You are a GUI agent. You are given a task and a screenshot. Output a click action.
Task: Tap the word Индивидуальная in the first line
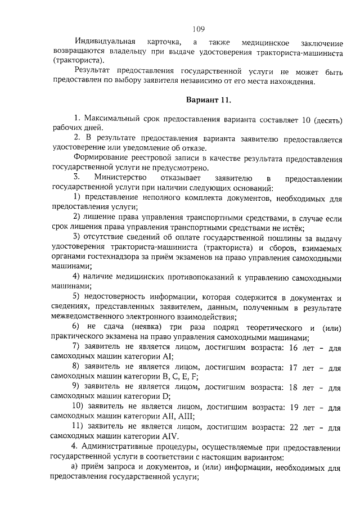[x=106, y=42]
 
